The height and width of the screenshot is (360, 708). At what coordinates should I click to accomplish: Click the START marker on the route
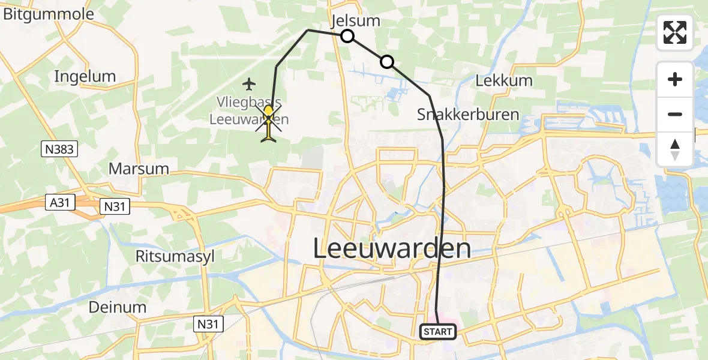[x=438, y=332]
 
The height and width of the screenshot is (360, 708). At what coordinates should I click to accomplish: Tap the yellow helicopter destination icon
[x=268, y=122]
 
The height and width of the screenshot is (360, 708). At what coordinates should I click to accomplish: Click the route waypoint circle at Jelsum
[x=347, y=37]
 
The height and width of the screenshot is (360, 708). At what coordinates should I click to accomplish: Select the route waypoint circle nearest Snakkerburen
[x=387, y=61]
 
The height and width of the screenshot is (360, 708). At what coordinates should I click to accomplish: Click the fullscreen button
[x=675, y=32]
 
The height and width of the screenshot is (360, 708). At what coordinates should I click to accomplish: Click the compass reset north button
[x=675, y=149]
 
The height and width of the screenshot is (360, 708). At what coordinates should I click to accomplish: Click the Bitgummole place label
[x=48, y=15]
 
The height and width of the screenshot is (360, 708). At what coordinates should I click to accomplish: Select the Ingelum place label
[x=85, y=76]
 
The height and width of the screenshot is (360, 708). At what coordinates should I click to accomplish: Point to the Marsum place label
[x=139, y=168]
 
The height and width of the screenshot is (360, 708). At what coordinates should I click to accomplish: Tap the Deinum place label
[x=118, y=307]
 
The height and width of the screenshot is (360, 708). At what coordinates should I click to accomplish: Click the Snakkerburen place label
[x=467, y=114]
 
